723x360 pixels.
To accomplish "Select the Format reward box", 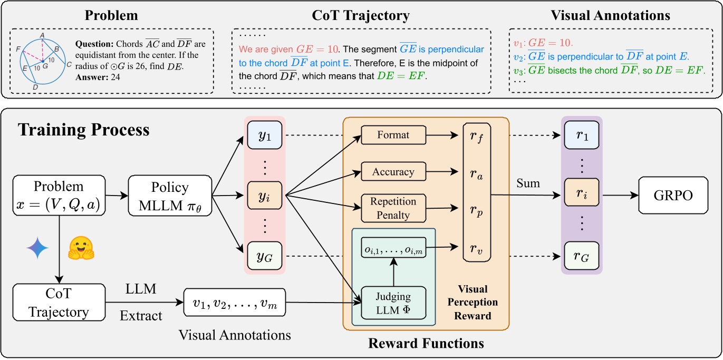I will [393, 135].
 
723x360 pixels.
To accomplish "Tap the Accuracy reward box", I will [393, 171].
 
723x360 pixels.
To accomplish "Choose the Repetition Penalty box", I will [393, 208].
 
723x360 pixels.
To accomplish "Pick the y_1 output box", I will [265, 136].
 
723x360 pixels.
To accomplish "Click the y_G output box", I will [265, 257].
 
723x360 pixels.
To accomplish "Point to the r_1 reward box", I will [582, 136].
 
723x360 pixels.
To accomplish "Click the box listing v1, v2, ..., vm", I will [235, 303].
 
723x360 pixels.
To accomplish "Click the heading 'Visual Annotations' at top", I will [610, 16].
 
